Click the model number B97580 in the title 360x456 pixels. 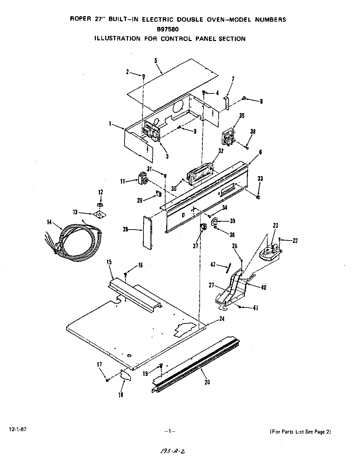[x=178, y=29]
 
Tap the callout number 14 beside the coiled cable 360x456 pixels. [x=50, y=222]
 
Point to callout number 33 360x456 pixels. [x=260, y=179]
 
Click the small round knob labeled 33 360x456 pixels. [x=258, y=197]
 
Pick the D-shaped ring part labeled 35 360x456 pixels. [x=214, y=221]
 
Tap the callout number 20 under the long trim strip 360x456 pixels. [x=207, y=382]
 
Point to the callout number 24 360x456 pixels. [x=222, y=319]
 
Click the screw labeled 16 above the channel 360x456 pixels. [x=126, y=275]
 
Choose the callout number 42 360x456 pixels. [x=213, y=264]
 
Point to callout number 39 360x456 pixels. [x=242, y=116]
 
